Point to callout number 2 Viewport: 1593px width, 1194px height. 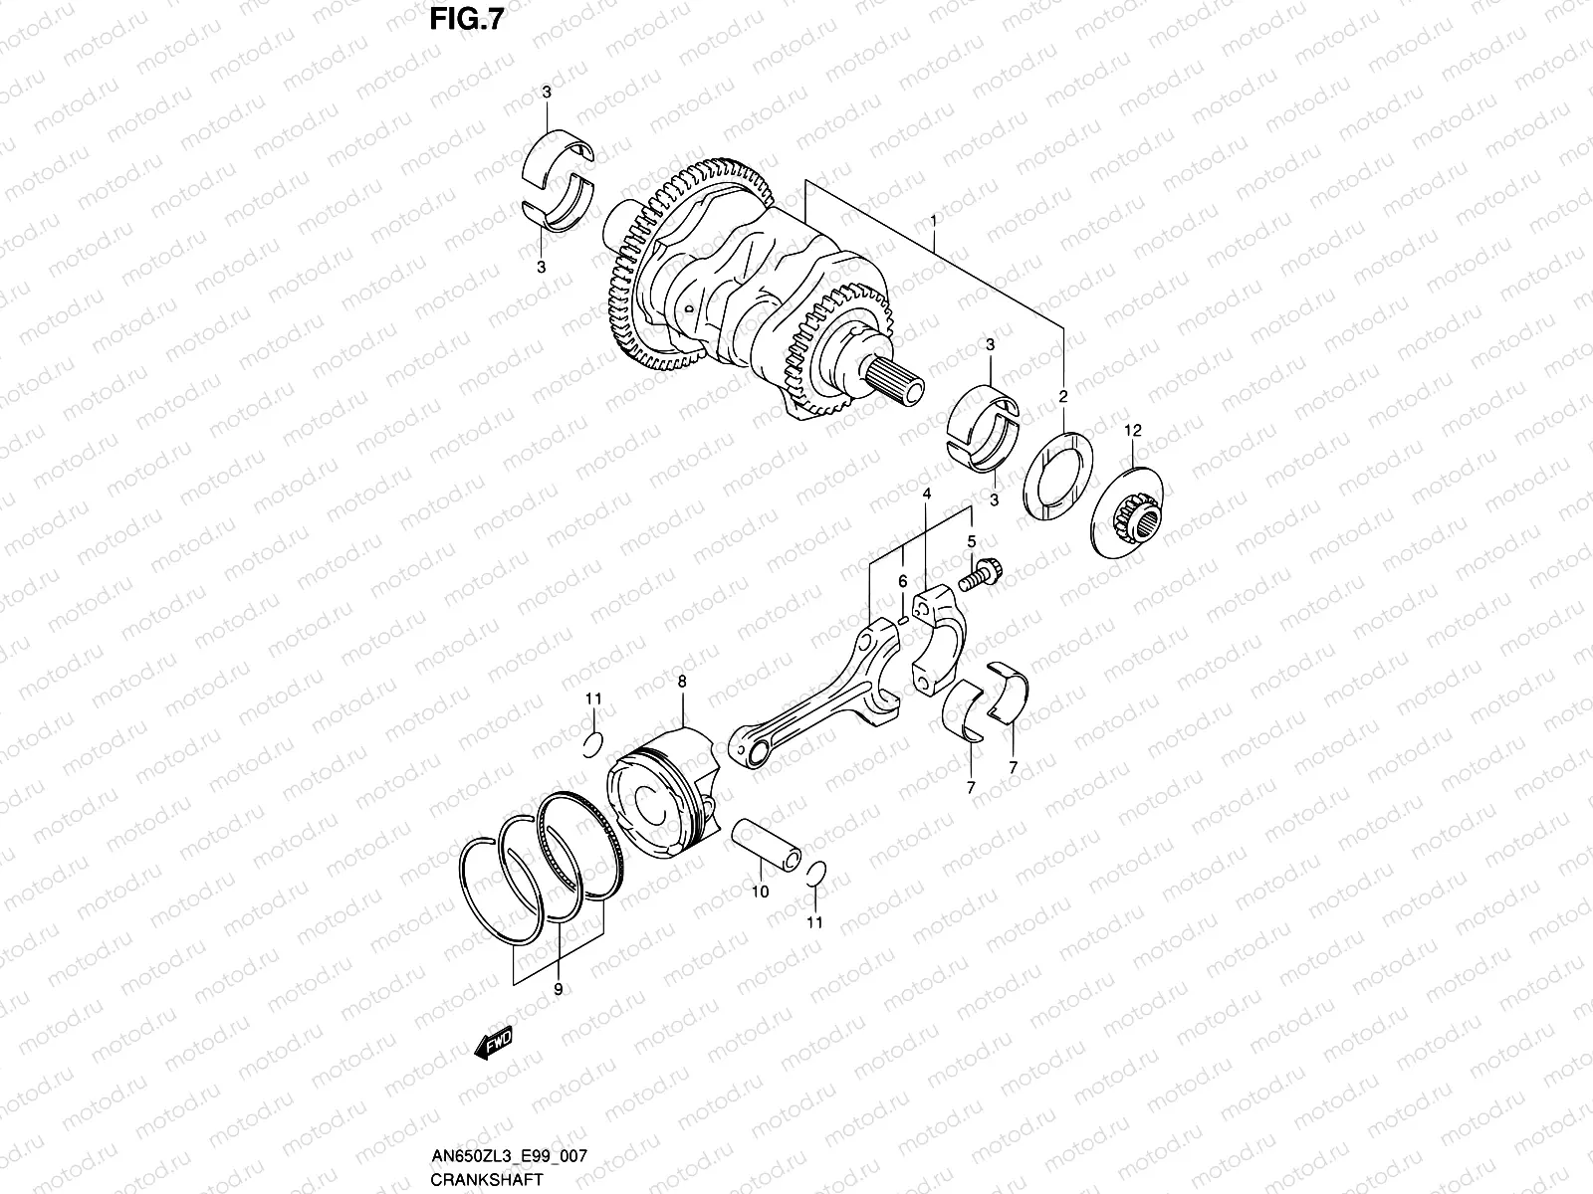1062,396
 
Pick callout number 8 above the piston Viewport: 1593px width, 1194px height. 682,682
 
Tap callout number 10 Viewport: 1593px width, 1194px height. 760,892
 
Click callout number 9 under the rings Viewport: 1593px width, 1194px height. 558,989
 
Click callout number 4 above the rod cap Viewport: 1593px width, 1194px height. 926,494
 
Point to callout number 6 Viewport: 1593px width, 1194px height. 902,581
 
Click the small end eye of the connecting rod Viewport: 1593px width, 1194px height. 748,742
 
